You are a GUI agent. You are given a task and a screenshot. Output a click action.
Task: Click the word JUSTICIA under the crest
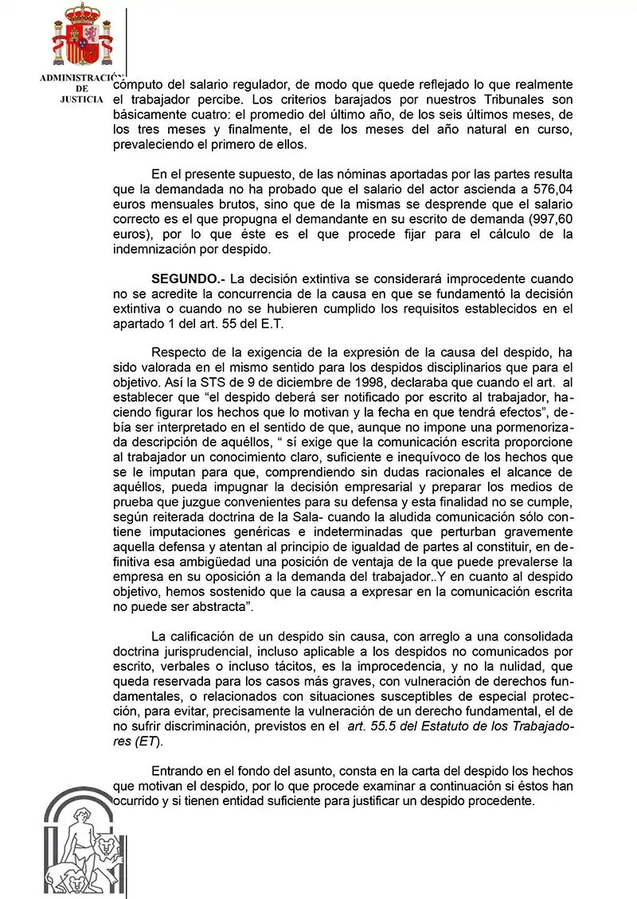point(81,99)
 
